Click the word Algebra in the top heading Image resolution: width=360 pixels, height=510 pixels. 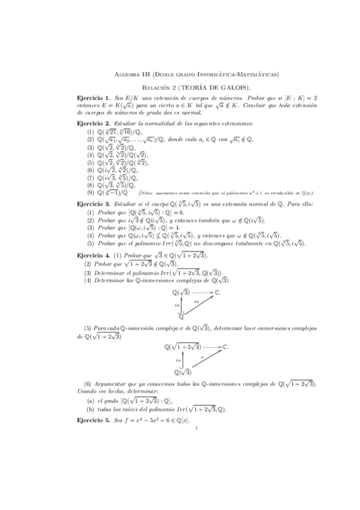tap(124, 74)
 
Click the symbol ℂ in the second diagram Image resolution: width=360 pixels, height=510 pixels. tap(225, 347)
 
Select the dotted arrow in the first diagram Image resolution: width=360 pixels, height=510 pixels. tap(202, 292)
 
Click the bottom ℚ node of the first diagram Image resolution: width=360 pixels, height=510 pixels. tap(182, 316)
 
